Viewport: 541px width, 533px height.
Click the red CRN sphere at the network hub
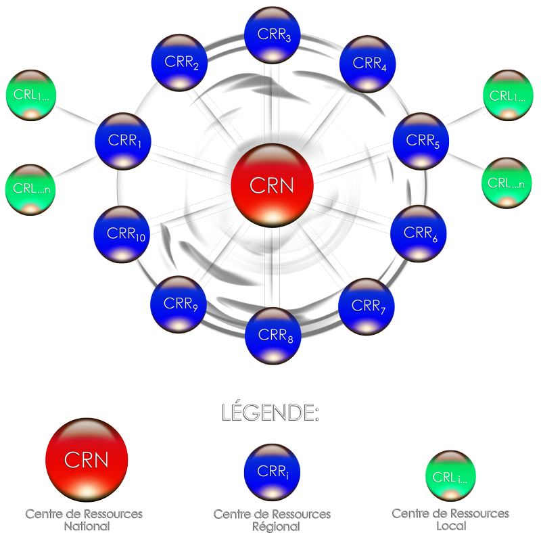(x=273, y=185)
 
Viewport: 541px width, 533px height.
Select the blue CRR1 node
(x=123, y=141)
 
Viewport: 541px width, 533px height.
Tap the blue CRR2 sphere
(x=179, y=62)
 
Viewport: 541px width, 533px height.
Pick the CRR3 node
(x=273, y=35)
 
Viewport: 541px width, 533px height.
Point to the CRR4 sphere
(x=367, y=64)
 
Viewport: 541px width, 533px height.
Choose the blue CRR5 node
(x=421, y=141)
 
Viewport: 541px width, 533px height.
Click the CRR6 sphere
(x=419, y=234)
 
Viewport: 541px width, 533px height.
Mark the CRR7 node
(x=367, y=306)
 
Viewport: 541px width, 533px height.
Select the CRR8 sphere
(x=273, y=335)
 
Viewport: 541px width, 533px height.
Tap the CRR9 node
(x=179, y=304)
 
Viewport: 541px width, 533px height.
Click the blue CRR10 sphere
(x=122, y=235)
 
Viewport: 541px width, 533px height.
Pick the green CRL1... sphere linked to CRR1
(x=31, y=95)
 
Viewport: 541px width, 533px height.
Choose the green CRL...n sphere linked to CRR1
(x=30, y=190)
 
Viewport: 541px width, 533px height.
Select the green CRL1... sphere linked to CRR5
(x=508, y=95)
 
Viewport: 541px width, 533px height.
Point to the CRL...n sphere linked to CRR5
(x=507, y=183)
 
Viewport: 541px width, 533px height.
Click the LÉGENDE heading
(x=270, y=411)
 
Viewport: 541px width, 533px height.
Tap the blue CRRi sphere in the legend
(x=273, y=472)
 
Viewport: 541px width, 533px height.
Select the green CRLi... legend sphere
(x=450, y=476)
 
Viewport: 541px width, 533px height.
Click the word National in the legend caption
(x=87, y=526)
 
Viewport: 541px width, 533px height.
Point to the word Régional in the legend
(x=276, y=527)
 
